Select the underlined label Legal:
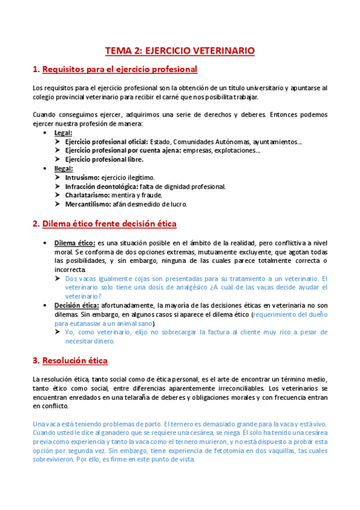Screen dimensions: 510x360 pyautogui.click(x=63, y=132)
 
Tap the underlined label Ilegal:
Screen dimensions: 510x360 pyautogui.click(x=64, y=168)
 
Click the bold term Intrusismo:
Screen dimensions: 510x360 pyautogui.click(x=83, y=177)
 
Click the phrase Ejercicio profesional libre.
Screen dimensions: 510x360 pyautogui.click(x=104, y=159)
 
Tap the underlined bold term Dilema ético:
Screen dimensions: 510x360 pyautogui.click(x=75, y=242)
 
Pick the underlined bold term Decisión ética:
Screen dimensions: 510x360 pyautogui.click(x=78, y=305)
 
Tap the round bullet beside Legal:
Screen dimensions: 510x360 pyautogui.click(x=46, y=132)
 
